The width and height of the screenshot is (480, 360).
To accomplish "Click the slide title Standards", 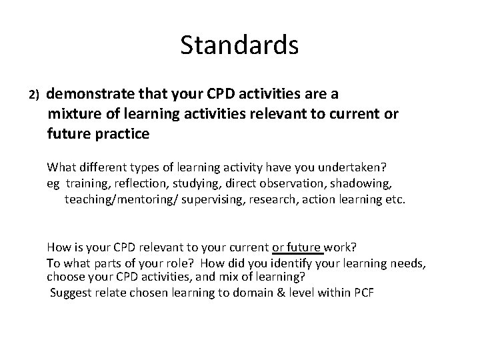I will point(239,45).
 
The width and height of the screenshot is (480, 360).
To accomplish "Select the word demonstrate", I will point(89,93).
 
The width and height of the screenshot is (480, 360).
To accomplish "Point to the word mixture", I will point(74,113).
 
